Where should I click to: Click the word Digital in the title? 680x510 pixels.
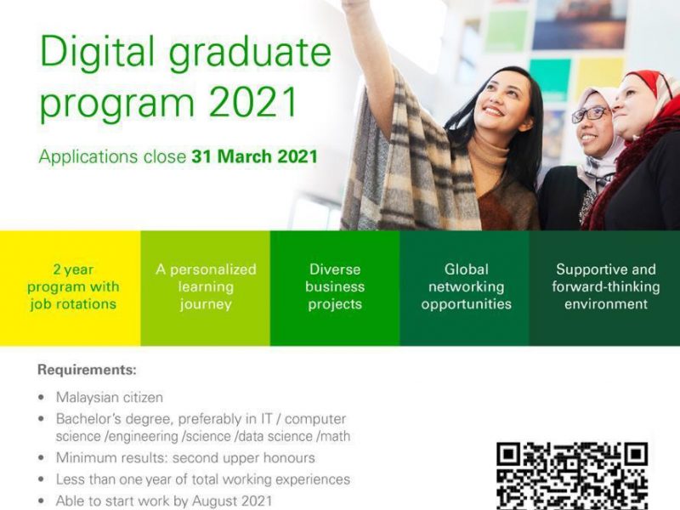coord(97,52)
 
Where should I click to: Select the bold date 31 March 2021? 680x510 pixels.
coord(254,156)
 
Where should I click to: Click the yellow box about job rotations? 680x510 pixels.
coord(71,288)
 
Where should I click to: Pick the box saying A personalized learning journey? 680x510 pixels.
coord(205,288)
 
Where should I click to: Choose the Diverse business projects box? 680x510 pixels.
coord(335,288)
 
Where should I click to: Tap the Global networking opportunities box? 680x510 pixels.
coord(464,288)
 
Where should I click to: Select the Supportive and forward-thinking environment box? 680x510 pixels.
coord(604,288)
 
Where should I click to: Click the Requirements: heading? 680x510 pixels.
coord(87,370)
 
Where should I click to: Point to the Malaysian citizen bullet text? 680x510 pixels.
coord(110,397)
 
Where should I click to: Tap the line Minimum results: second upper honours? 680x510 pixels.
coord(185,457)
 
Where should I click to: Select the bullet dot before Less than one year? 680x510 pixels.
coord(41,479)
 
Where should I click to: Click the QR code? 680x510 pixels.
coord(572,476)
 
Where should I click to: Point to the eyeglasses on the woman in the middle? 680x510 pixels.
coord(590,114)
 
